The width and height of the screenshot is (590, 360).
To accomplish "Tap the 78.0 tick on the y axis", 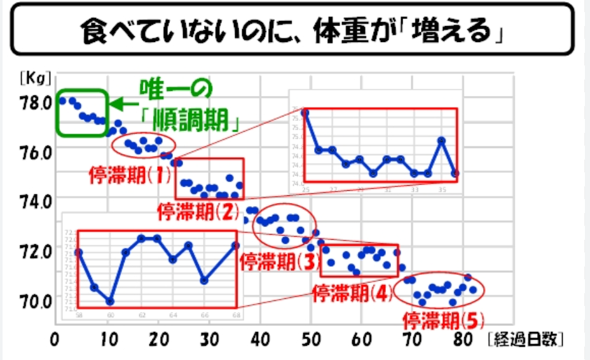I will click(x=37, y=102).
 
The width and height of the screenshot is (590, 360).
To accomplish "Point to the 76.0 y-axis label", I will click(x=37, y=151).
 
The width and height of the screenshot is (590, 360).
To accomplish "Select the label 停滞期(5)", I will click(x=444, y=318).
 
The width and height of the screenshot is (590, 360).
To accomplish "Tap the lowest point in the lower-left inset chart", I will click(x=110, y=301).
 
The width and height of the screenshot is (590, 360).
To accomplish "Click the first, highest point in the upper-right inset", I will click(x=305, y=113).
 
